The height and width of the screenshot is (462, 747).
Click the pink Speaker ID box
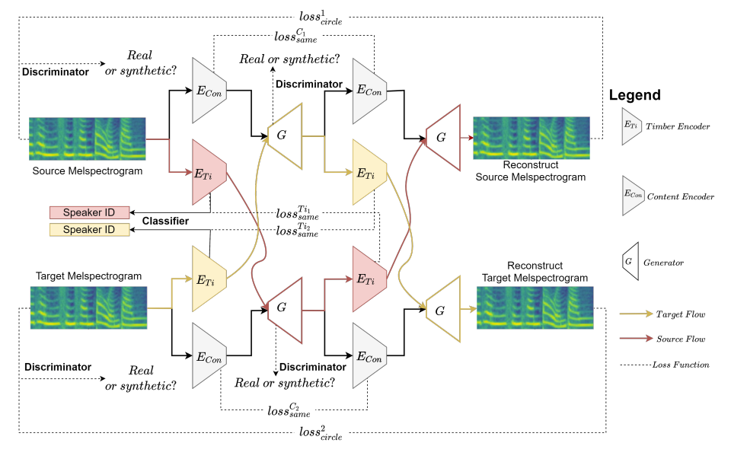pos(90,212)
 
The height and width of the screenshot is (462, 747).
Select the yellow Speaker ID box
pos(90,230)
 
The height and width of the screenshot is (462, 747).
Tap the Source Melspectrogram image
pos(87,139)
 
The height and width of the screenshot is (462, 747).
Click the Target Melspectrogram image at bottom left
pos(88,307)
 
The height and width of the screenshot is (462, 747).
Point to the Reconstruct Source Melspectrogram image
pos(532,138)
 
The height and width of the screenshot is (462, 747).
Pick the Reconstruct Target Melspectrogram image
pos(535,307)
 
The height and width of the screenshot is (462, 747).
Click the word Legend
pos(634,95)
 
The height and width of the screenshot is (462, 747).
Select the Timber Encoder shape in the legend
pos(632,126)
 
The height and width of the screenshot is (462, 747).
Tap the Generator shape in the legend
pos(630,261)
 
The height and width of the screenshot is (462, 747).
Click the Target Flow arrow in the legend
pos(637,314)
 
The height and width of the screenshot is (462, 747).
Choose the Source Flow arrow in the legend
pos(637,338)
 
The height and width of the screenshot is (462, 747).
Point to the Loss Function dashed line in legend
pos(636,365)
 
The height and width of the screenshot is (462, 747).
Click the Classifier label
pos(165,221)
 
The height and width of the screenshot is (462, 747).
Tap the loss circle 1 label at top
pos(321,18)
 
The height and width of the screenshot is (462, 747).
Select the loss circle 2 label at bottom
pos(321,433)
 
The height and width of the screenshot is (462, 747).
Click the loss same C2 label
pos(289,410)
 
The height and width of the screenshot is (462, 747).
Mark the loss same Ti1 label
pos(297,213)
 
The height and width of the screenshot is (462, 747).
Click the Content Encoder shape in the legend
pos(633,196)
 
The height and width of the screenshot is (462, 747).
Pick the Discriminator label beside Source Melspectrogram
pos(56,72)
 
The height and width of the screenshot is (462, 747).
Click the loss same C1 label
pos(296,36)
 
